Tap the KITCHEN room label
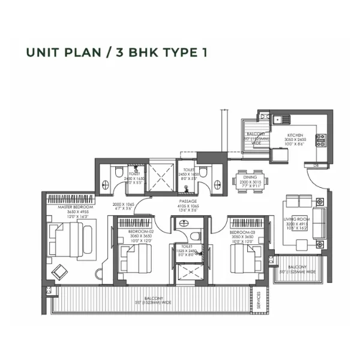coord(295,136)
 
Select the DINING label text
coord(250,177)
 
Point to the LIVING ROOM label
coord(295,220)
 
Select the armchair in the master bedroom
coord(60,271)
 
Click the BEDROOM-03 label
coord(244,232)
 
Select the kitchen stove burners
coord(321,140)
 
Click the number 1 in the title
coord(205,52)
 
